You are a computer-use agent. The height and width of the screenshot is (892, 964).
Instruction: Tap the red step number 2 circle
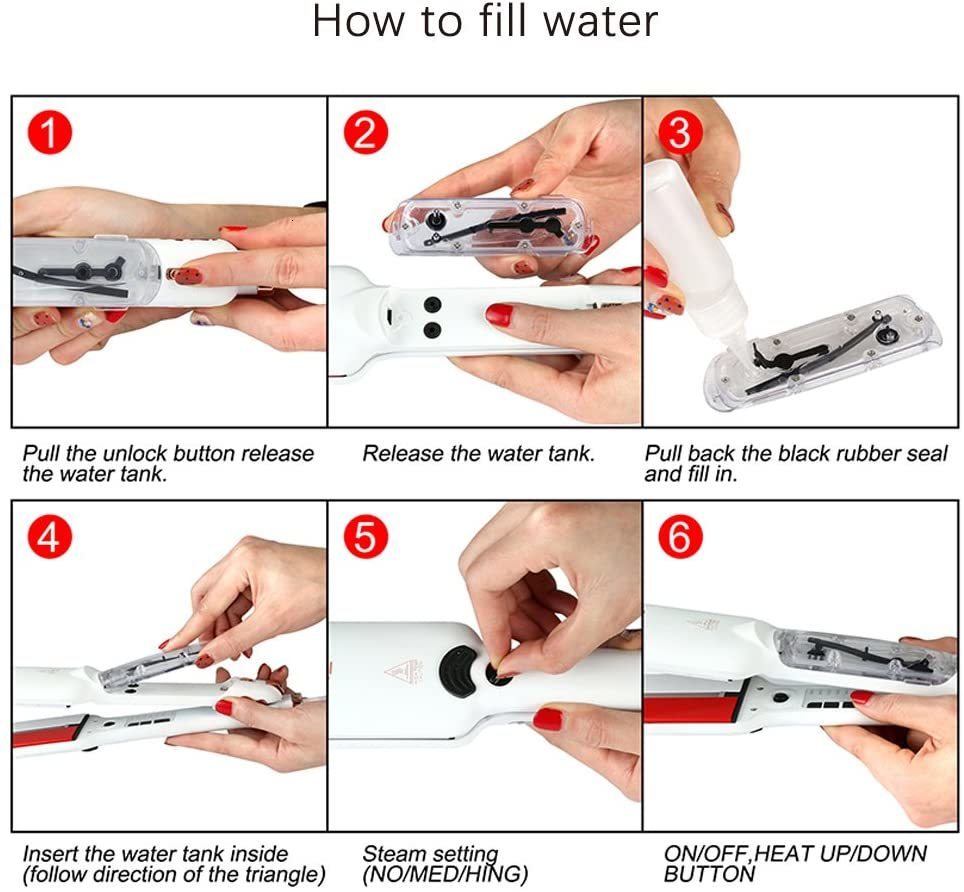pyautogui.click(x=366, y=133)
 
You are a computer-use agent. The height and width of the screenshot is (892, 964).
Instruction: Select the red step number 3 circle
pyautogui.click(x=679, y=133)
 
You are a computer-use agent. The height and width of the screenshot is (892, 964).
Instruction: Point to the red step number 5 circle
pyautogui.click(x=366, y=539)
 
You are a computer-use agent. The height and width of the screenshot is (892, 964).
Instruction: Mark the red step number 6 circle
pyautogui.click(x=679, y=539)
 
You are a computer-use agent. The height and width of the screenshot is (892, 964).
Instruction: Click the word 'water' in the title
pyautogui.click(x=597, y=22)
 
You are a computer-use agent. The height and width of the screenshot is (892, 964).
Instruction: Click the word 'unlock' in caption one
pyautogui.click(x=145, y=454)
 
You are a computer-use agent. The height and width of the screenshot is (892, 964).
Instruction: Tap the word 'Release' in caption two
pyautogui.click(x=403, y=454)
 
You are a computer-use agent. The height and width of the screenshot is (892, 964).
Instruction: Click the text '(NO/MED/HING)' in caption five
pyautogui.click(x=444, y=875)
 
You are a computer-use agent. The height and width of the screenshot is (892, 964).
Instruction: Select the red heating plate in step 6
pyautogui.click(x=699, y=710)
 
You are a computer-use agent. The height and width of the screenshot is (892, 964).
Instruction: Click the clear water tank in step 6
pyautogui.click(x=860, y=655)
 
